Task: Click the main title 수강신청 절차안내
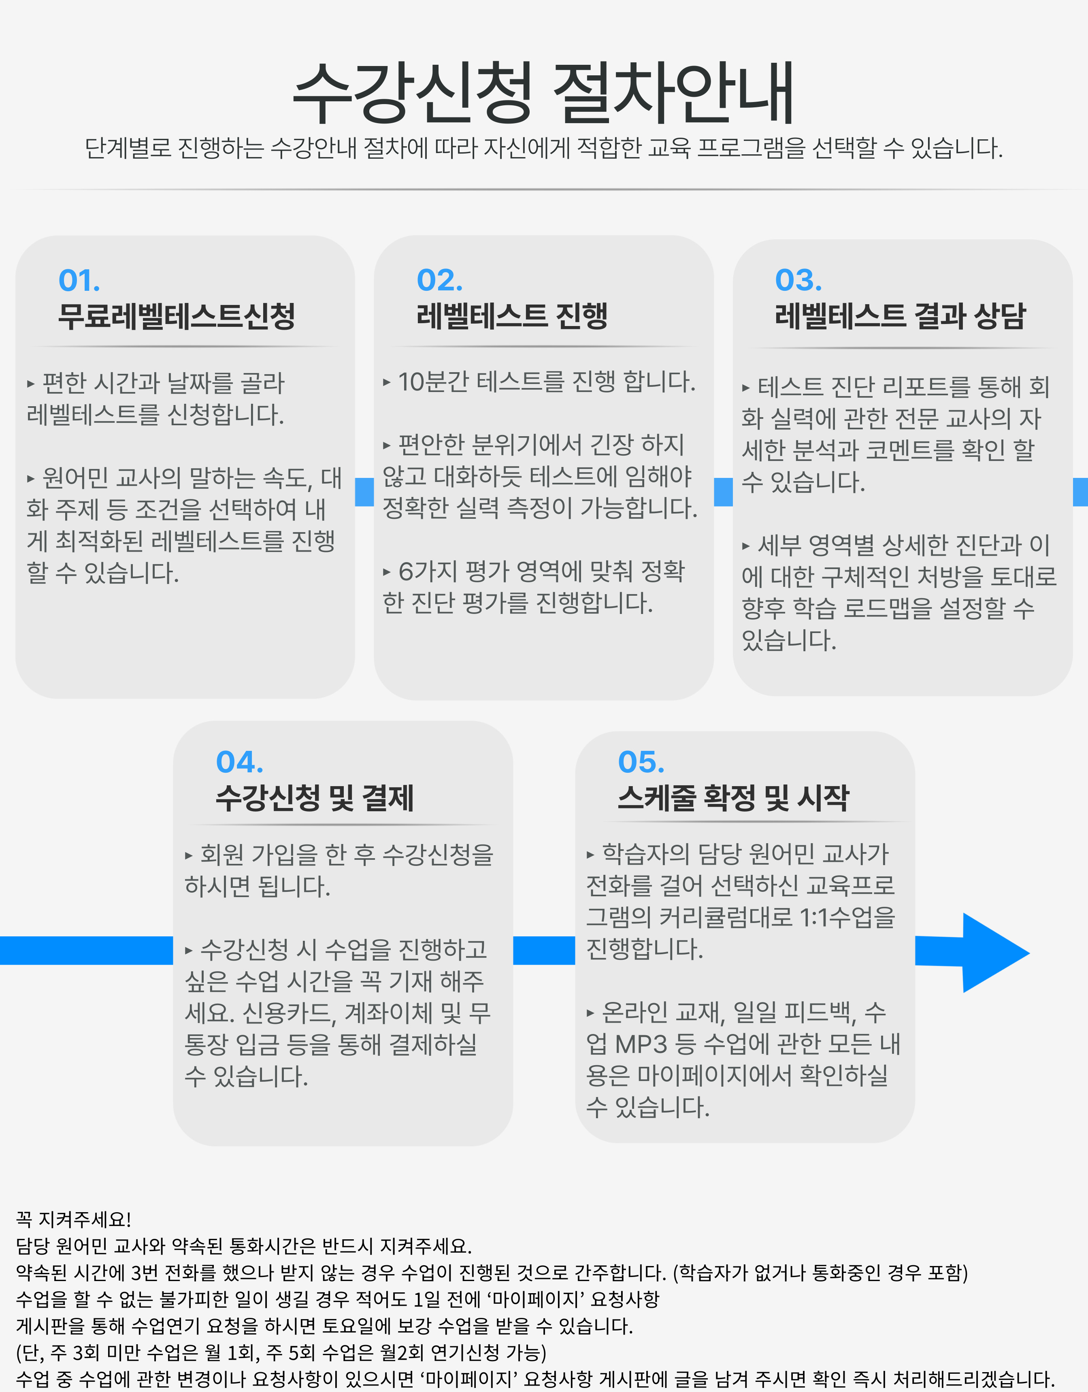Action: click(543, 93)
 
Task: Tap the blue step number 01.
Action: click(79, 280)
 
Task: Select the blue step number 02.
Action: click(440, 280)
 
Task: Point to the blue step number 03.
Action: click(798, 280)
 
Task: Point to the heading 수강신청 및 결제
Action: click(315, 798)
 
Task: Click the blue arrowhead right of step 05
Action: click(995, 953)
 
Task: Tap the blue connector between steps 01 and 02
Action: click(364, 492)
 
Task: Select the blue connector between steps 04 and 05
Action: click(544, 950)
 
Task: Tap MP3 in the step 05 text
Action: click(641, 1045)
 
